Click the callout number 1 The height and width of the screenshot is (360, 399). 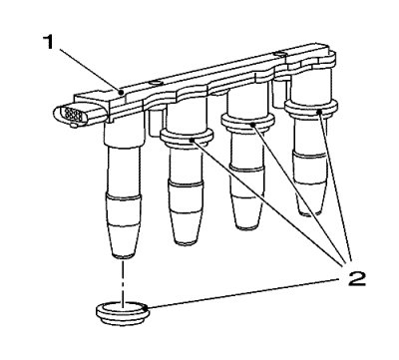click(49, 42)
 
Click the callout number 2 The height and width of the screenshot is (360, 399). click(352, 278)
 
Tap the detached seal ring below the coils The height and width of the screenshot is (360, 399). click(123, 313)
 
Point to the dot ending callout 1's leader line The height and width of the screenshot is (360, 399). click(122, 91)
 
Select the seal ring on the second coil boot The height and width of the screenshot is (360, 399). click(187, 138)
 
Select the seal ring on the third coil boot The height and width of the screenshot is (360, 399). click(248, 122)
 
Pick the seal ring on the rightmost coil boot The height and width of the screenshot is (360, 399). click(311, 108)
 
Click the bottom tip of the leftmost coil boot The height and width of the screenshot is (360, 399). click(123, 257)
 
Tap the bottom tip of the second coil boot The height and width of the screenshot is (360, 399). click(185, 243)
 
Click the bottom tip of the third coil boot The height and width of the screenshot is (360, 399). click(245, 227)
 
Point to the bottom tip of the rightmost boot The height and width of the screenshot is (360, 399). click(308, 212)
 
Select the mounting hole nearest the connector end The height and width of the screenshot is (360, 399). click(155, 82)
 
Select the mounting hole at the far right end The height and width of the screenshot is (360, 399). click(278, 54)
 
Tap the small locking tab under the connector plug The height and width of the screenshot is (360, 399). click(73, 126)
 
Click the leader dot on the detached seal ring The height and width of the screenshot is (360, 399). click(145, 309)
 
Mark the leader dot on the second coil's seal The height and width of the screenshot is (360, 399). click(193, 141)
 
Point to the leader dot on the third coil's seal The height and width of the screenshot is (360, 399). click(253, 125)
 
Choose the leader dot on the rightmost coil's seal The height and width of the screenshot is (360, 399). click(319, 112)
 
